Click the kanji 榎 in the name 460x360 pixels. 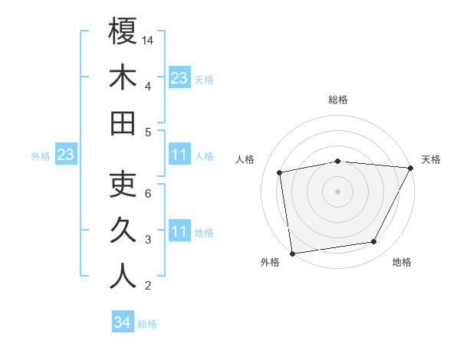tap(123, 32)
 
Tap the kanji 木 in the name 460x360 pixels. tap(123, 78)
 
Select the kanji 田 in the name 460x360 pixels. tap(123, 123)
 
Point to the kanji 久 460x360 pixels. tap(123, 231)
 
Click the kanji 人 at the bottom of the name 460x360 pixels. tap(123, 277)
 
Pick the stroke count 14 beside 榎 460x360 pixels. tap(149, 40)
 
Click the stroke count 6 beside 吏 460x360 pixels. tap(149, 193)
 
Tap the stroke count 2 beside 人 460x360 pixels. tap(149, 286)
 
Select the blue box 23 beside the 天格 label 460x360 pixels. tap(179, 78)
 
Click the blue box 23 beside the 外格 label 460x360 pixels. tap(65, 155)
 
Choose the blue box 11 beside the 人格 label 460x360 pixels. tap(179, 155)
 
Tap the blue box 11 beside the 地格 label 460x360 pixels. tap(179, 231)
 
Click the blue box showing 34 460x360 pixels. tap(122, 322)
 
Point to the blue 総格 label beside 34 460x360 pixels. tap(147, 323)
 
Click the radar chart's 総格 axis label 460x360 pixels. tap(337, 100)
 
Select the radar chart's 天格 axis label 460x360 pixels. tap(432, 159)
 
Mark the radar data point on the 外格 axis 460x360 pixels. tap(292, 253)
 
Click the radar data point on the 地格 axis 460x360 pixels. tap(374, 242)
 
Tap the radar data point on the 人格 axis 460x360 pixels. tap(280, 172)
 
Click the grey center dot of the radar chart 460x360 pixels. tap(337, 191)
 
